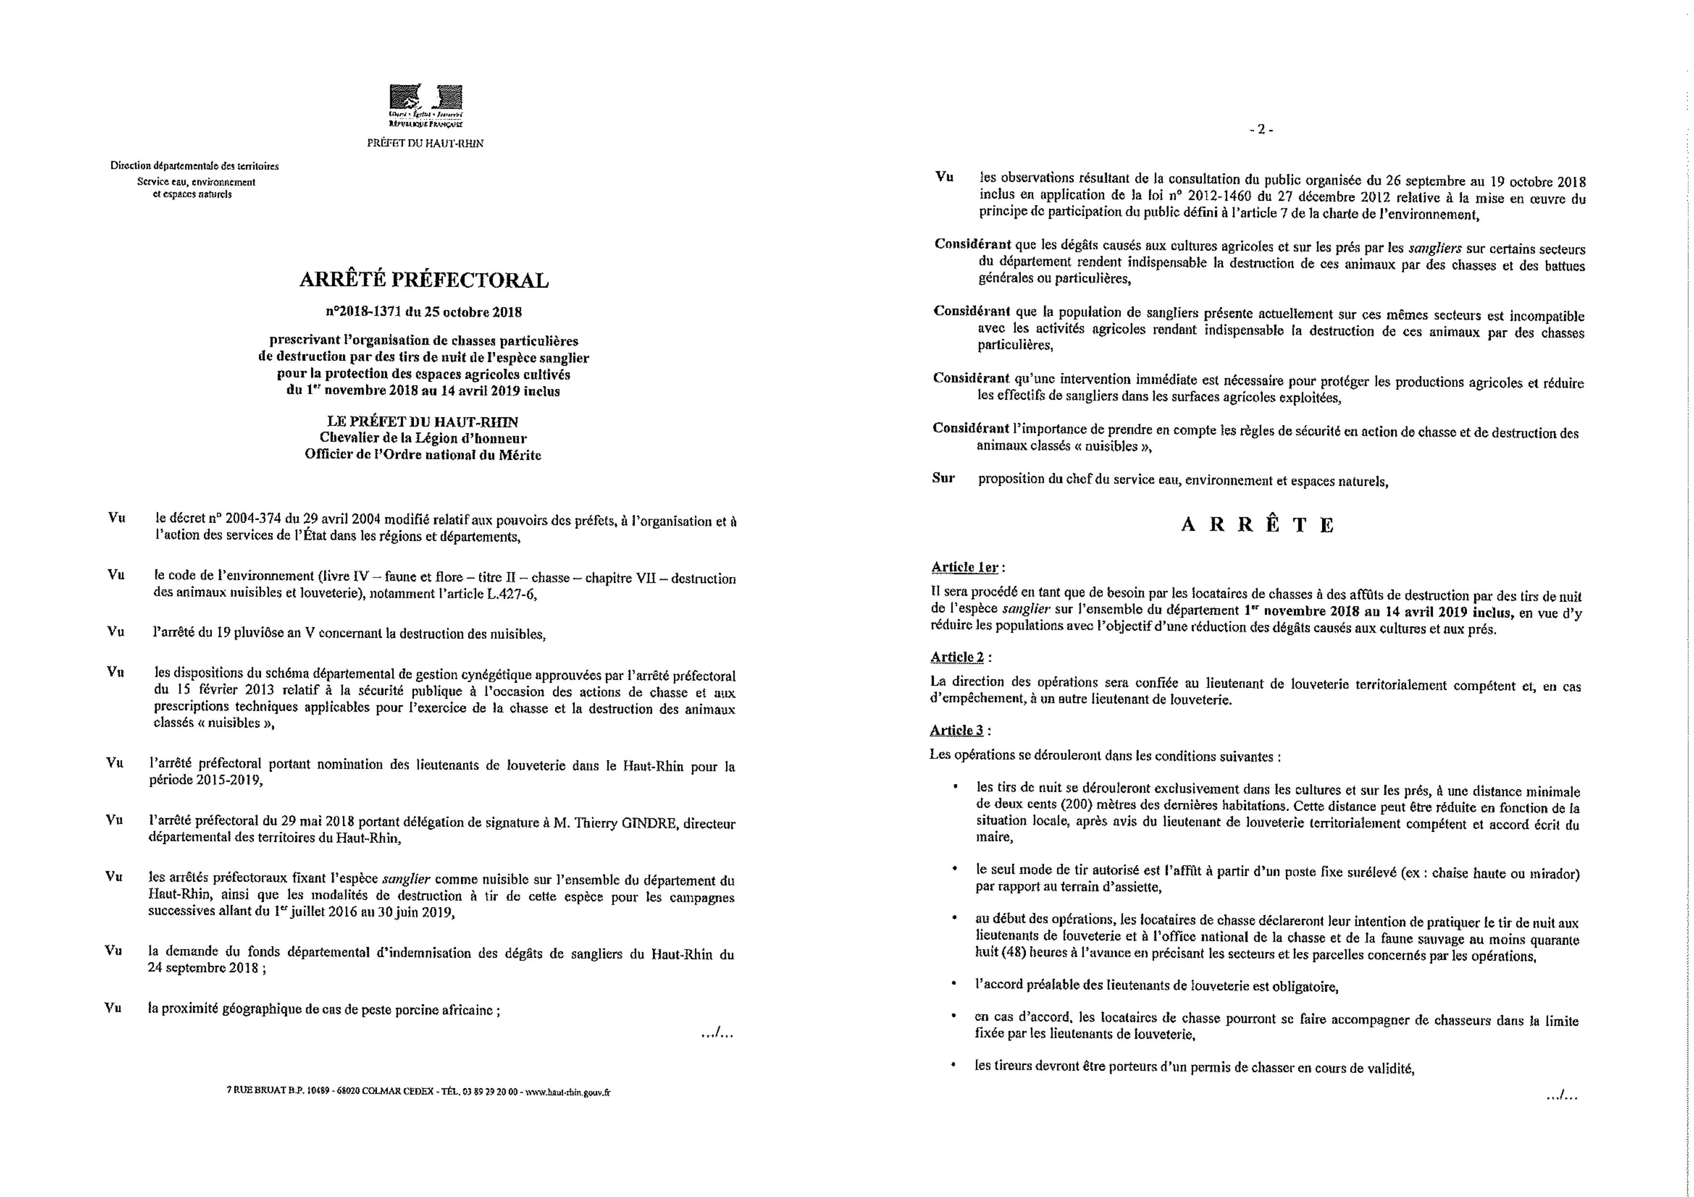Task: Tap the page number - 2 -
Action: point(1261,130)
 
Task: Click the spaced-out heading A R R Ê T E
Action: point(1258,525)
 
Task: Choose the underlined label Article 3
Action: point(956,730)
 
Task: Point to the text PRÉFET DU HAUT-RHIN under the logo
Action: point(425,144)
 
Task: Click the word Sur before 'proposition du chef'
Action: point(943,478)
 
